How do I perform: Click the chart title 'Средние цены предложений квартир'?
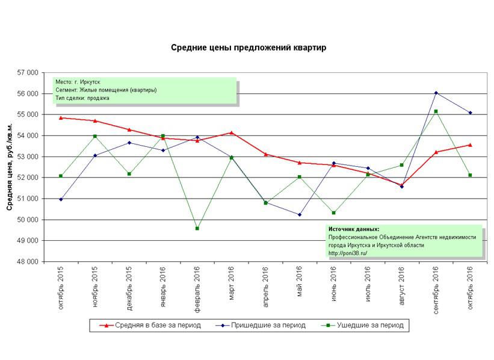point(249,48)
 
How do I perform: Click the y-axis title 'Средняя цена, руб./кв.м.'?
point(10,167)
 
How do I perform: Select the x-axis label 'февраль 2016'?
point(197,288)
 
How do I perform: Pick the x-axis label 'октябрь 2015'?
point(61,289)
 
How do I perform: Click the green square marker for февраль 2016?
point(197,228)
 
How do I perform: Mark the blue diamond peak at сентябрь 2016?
point(436,93)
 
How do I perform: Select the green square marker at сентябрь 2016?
point(436,111)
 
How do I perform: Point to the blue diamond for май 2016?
point(300,214)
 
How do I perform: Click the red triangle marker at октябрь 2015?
point(61,117)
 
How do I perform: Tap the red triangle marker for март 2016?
point(232,132)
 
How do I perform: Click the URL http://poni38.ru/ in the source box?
point(348,253)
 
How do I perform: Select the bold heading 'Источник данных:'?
point(354,229)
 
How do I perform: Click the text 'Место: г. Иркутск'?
point(78,82)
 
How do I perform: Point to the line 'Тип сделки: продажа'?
point(82,98)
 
